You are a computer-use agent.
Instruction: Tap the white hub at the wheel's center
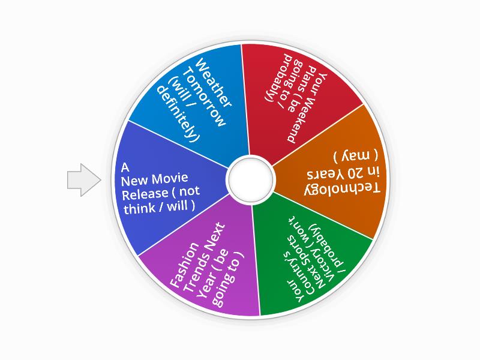[x=250, y=179]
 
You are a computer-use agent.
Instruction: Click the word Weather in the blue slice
[x=214, y=83]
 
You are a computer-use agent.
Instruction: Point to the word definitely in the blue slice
[x=178, y=114]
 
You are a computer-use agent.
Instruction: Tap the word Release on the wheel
[x=145, y=194]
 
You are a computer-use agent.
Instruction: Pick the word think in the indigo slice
[x=139, y=209]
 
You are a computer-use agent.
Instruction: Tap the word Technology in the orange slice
[x=342, y=189]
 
